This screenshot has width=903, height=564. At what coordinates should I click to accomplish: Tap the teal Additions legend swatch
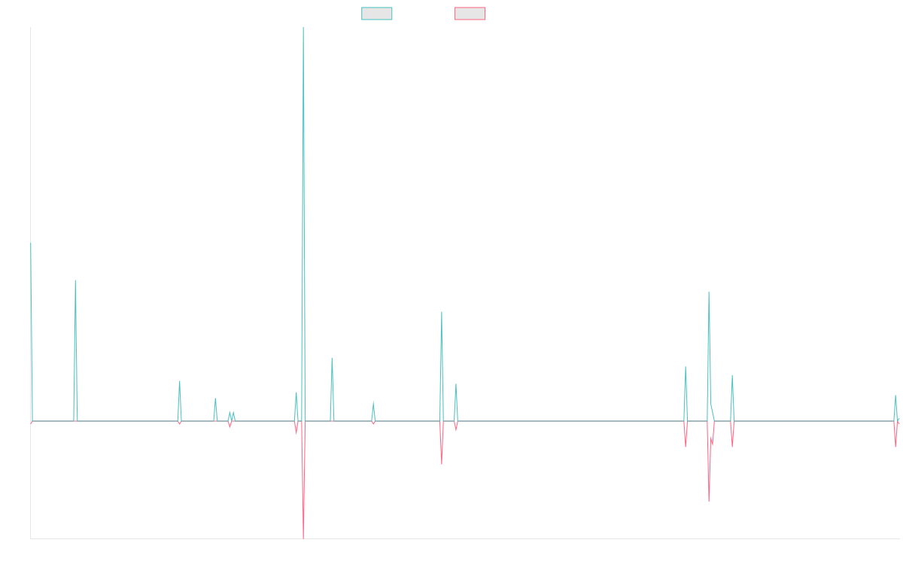coord(377,14)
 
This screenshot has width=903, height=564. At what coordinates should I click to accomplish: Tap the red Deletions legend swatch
coord(470,14)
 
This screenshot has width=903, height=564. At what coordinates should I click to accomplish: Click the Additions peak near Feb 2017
coord(75,281)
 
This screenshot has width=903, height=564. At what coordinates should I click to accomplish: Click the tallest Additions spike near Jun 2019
coord(302,30)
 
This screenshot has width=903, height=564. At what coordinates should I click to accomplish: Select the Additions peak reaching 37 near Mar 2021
coord(442,313)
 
